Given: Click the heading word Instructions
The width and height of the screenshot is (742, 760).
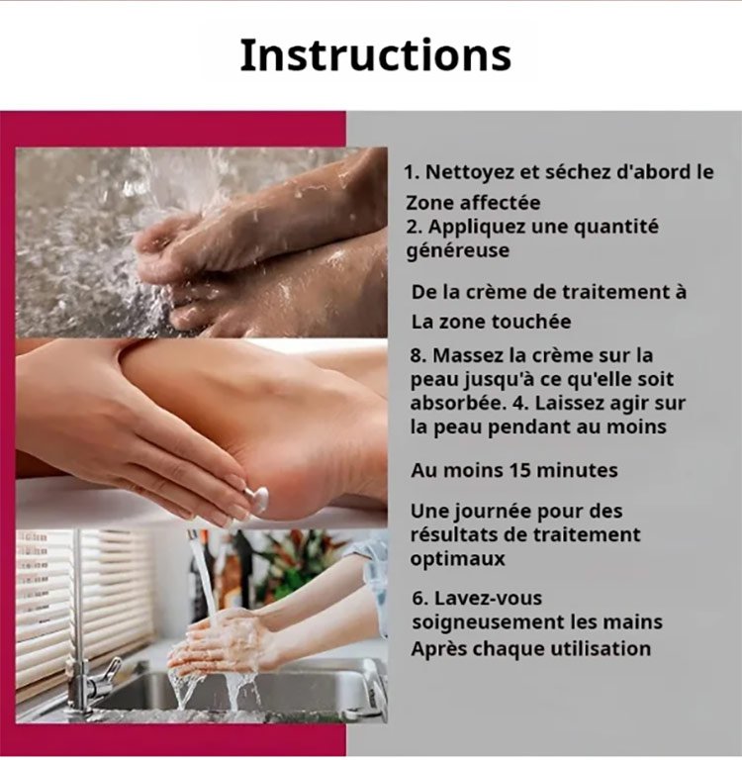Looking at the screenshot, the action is [376, 55].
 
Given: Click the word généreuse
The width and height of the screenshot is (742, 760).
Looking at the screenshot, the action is [457, 251].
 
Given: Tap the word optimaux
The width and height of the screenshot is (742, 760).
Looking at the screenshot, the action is [457, 559].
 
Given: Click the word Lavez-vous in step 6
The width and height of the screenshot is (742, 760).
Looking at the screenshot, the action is [488, 598].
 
